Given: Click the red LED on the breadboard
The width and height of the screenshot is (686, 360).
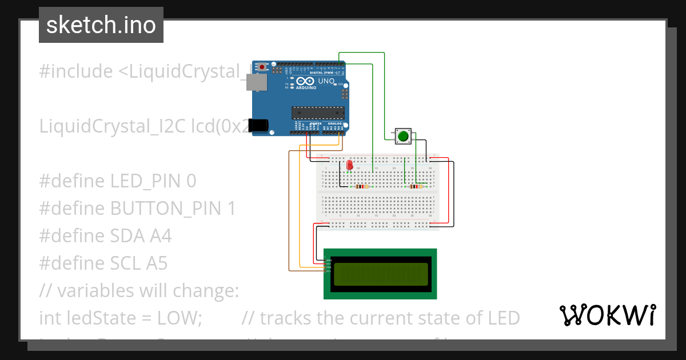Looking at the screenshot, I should [349, 165].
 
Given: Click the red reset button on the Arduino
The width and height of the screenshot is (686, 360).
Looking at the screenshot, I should [262, 67].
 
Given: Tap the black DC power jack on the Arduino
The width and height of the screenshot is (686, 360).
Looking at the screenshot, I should [260, 125].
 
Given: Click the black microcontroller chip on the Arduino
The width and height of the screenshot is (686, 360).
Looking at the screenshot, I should [317, 114].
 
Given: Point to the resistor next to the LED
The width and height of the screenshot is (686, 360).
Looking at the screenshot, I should [361, 186].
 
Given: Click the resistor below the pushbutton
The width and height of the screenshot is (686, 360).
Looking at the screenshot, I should [416, 186].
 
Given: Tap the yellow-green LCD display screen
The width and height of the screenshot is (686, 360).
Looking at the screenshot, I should [380, 274].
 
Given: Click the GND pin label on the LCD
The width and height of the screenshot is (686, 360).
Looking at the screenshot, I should [328, 261].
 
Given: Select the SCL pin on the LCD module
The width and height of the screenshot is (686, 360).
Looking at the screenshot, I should [328, 271].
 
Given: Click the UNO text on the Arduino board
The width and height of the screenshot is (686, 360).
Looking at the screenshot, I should [326, 81].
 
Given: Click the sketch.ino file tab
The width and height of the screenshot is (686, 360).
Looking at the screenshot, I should [101, 25].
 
